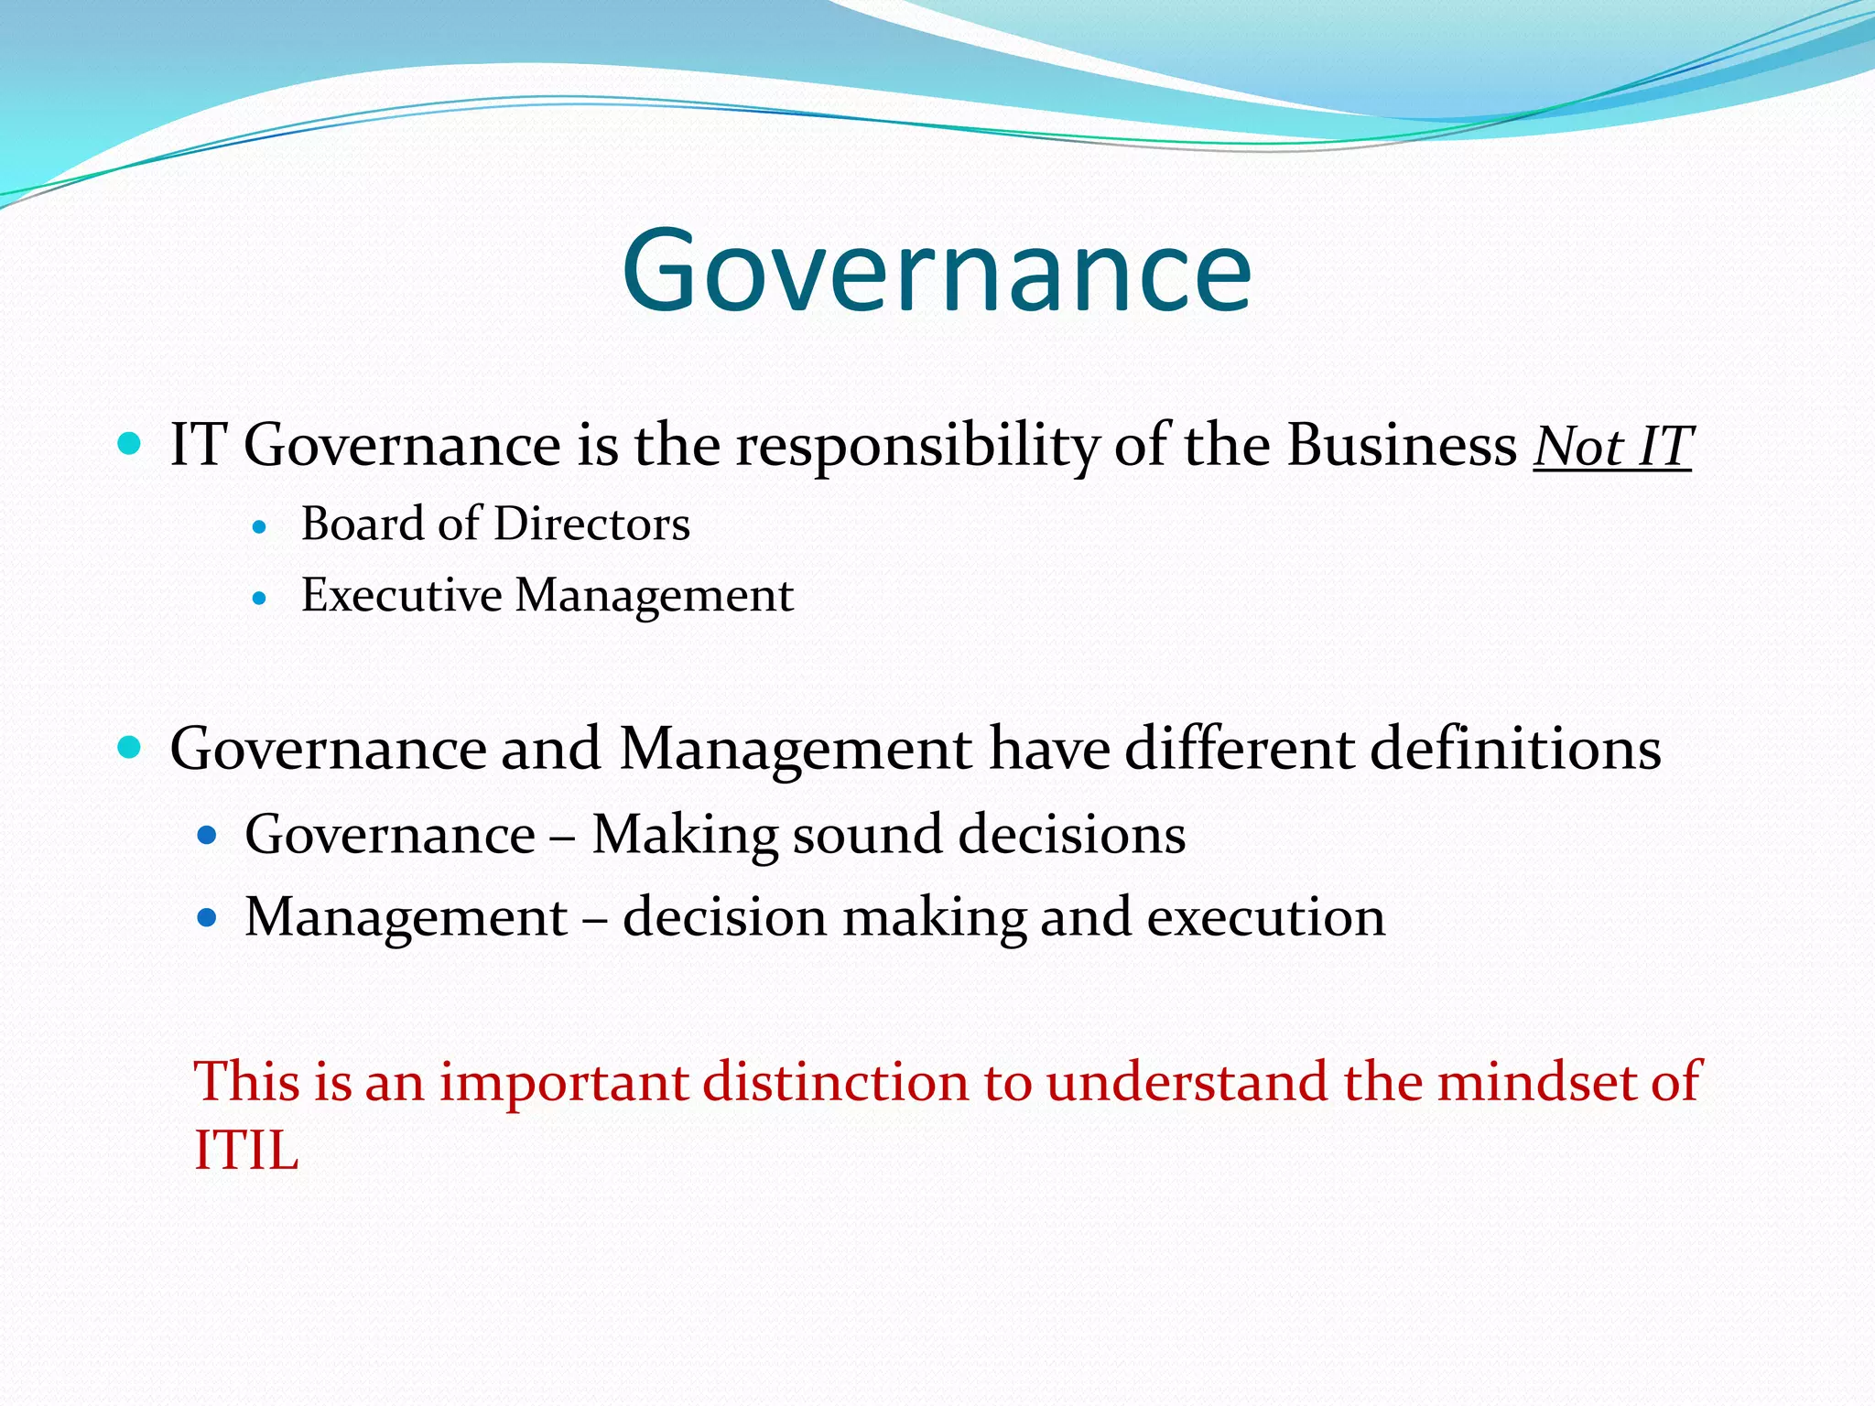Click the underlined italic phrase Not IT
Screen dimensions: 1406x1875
(1612, 447)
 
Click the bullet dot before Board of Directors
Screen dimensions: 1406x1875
(260, 528)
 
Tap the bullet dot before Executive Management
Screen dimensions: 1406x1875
(260, 600)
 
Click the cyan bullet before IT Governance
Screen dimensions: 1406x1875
(130, 446)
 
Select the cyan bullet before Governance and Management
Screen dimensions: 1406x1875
(130, 748)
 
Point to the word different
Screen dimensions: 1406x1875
(1239, 749)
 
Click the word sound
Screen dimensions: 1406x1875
(867, 835)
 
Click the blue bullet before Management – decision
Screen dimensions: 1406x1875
(207, 917)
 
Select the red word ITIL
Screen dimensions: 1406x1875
(246, 1150)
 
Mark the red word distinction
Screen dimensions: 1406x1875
(836, 1082)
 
